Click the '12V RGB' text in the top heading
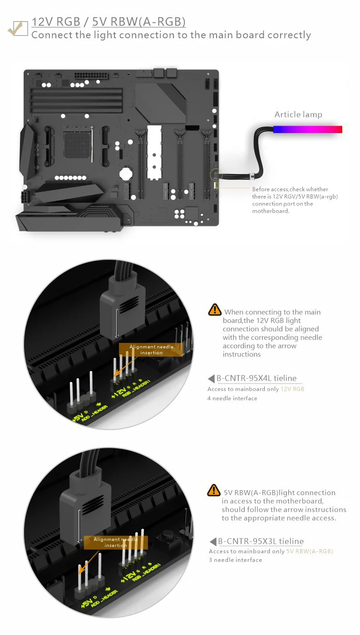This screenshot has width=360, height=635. [56, 22]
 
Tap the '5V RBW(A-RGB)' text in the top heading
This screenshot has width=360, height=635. [138, 22]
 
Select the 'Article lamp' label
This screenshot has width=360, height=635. [298, 114]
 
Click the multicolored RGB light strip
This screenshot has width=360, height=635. [307, 129]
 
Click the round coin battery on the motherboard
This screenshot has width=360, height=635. [125, 173]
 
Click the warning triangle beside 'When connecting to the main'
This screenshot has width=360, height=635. [214, 310]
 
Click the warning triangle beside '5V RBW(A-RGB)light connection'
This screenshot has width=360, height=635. [213, 491]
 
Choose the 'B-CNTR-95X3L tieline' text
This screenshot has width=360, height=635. [261, 541]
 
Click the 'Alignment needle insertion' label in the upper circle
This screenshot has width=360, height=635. [151, 350]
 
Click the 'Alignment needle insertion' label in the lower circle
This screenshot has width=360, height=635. [116, 542]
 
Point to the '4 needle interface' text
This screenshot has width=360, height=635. [232, 398]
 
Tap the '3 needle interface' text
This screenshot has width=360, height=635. [235, 560]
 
